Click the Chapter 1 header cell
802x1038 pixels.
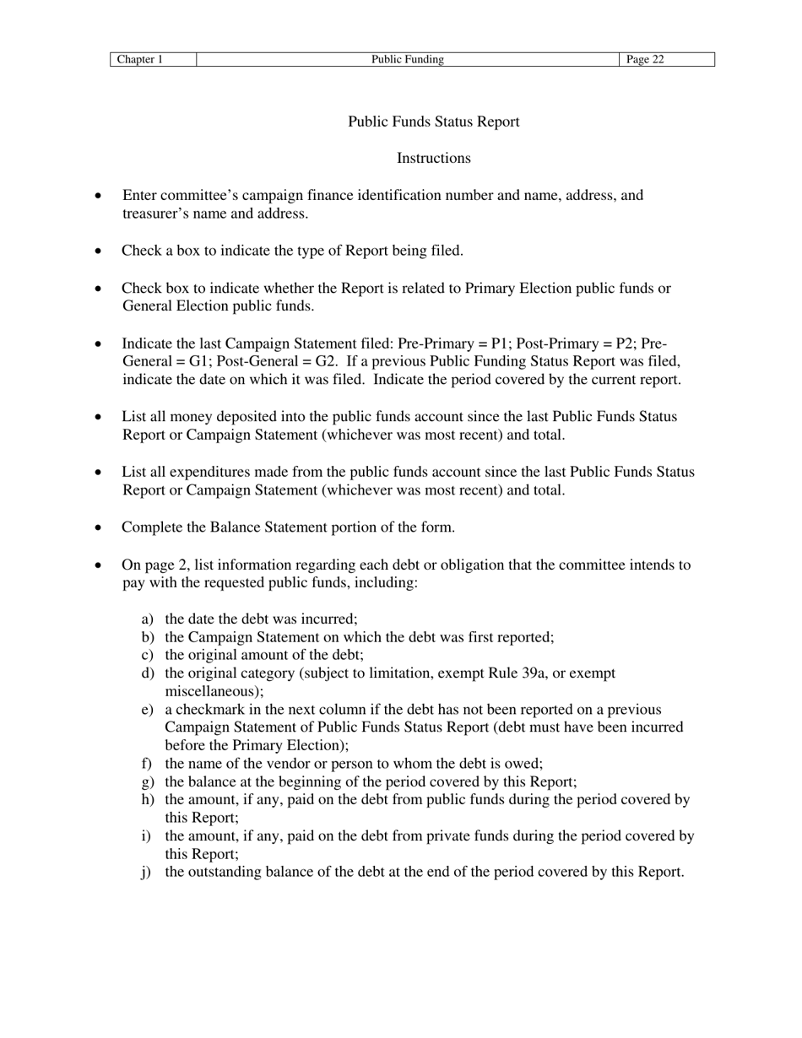139,59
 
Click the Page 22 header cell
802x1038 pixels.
646,59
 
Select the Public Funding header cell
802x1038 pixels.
408,59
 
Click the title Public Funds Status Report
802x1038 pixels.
434,122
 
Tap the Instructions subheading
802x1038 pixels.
434,159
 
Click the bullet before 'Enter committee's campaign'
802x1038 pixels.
100,196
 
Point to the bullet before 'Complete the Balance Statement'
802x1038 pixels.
100,528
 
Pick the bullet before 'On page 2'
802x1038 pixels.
100,565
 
